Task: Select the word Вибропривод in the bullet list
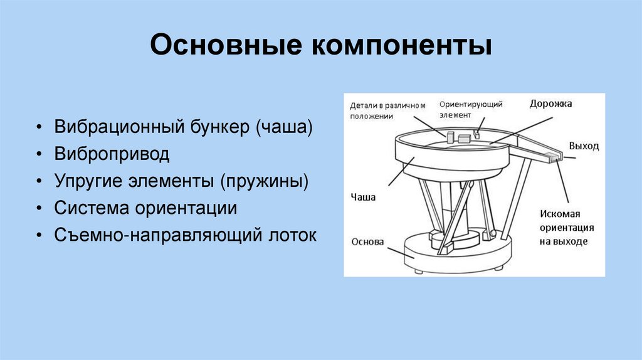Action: pyautogui.click(x=112, y=154)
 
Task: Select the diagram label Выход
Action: pyautogui.click(x=583, y=146)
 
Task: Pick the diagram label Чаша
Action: pyautogui.click(x=364, y=197)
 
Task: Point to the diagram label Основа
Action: pyautogui.click(x=367, y=242)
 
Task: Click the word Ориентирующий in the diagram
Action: pyautogui.click(x=471, y=104)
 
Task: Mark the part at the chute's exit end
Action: pyautogui.click(x=554, y=157)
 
